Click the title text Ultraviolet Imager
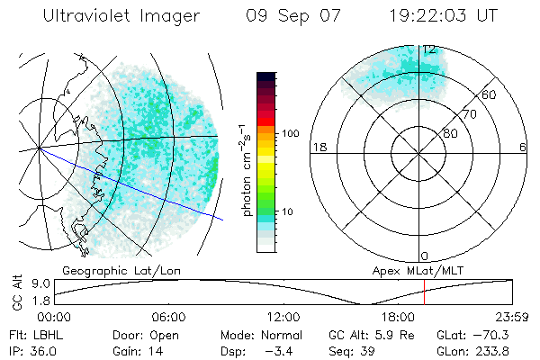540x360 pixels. click(121, 15)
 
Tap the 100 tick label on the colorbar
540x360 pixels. click(290, 133)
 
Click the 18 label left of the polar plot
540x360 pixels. click(318, 148)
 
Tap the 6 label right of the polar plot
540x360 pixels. click(523, 148)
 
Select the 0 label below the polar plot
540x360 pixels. click(425, 256)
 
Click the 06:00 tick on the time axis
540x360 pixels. click(168, 317)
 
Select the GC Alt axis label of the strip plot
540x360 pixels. click(15, 293)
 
